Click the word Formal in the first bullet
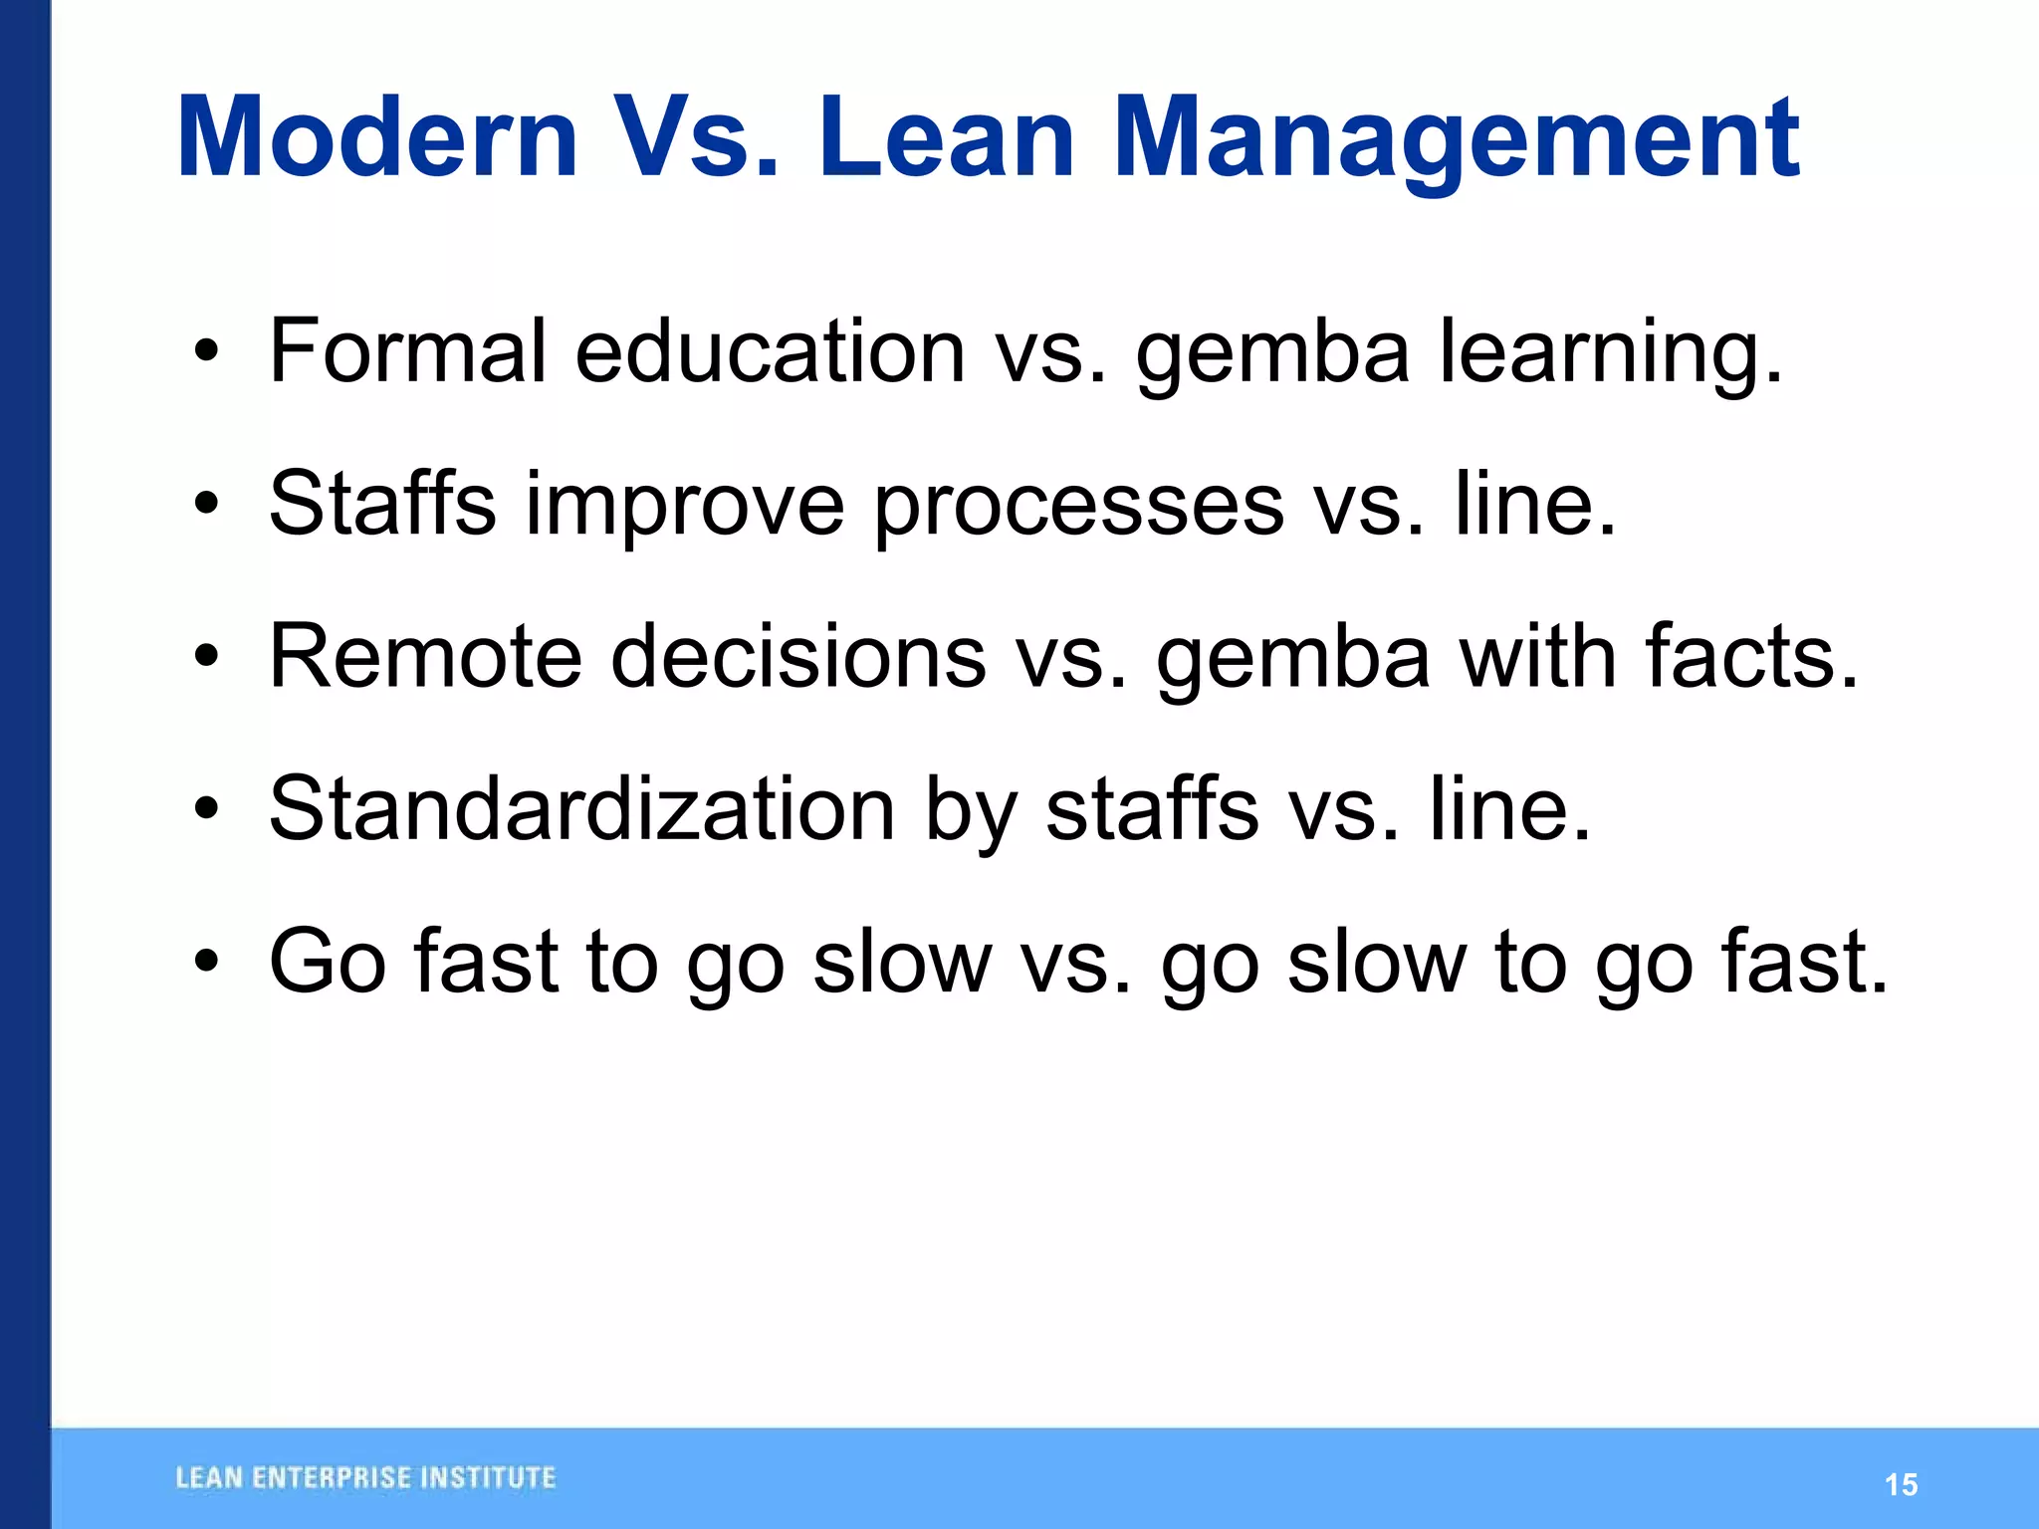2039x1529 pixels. coord(407,350)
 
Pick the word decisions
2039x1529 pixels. coord(797,656)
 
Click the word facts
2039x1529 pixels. coord(1751,656)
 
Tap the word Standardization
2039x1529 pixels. coord(582,808)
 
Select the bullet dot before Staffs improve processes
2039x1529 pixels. coord(206,504)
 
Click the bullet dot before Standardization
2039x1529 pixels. coord(206,808)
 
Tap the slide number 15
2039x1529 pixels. coord(1901,1485)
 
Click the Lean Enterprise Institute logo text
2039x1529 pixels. coord(365,1478)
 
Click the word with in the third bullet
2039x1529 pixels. coord(1537,656)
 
